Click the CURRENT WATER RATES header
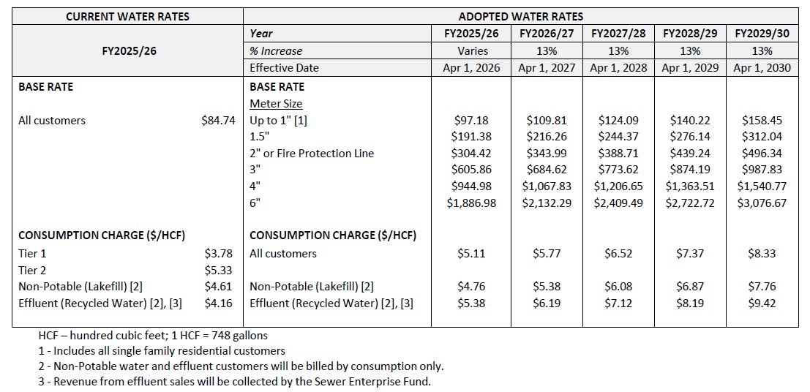pos(127,16)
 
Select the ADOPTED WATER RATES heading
pos(520,16)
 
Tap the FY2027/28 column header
pos(618,34)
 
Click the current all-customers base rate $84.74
pos(218,121)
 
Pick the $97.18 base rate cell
pos(471,121)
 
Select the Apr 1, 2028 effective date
pos(618,68)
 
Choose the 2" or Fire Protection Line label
pos(312,154)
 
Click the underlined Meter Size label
pos(276,104)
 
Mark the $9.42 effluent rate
pos(761,303)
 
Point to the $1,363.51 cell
pos(689,186)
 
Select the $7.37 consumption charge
pos(689,254)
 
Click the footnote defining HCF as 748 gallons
pos(153,336)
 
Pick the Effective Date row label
pos(284,68)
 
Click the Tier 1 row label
pos(32,254)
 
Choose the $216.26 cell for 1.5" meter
pos(546,137)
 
